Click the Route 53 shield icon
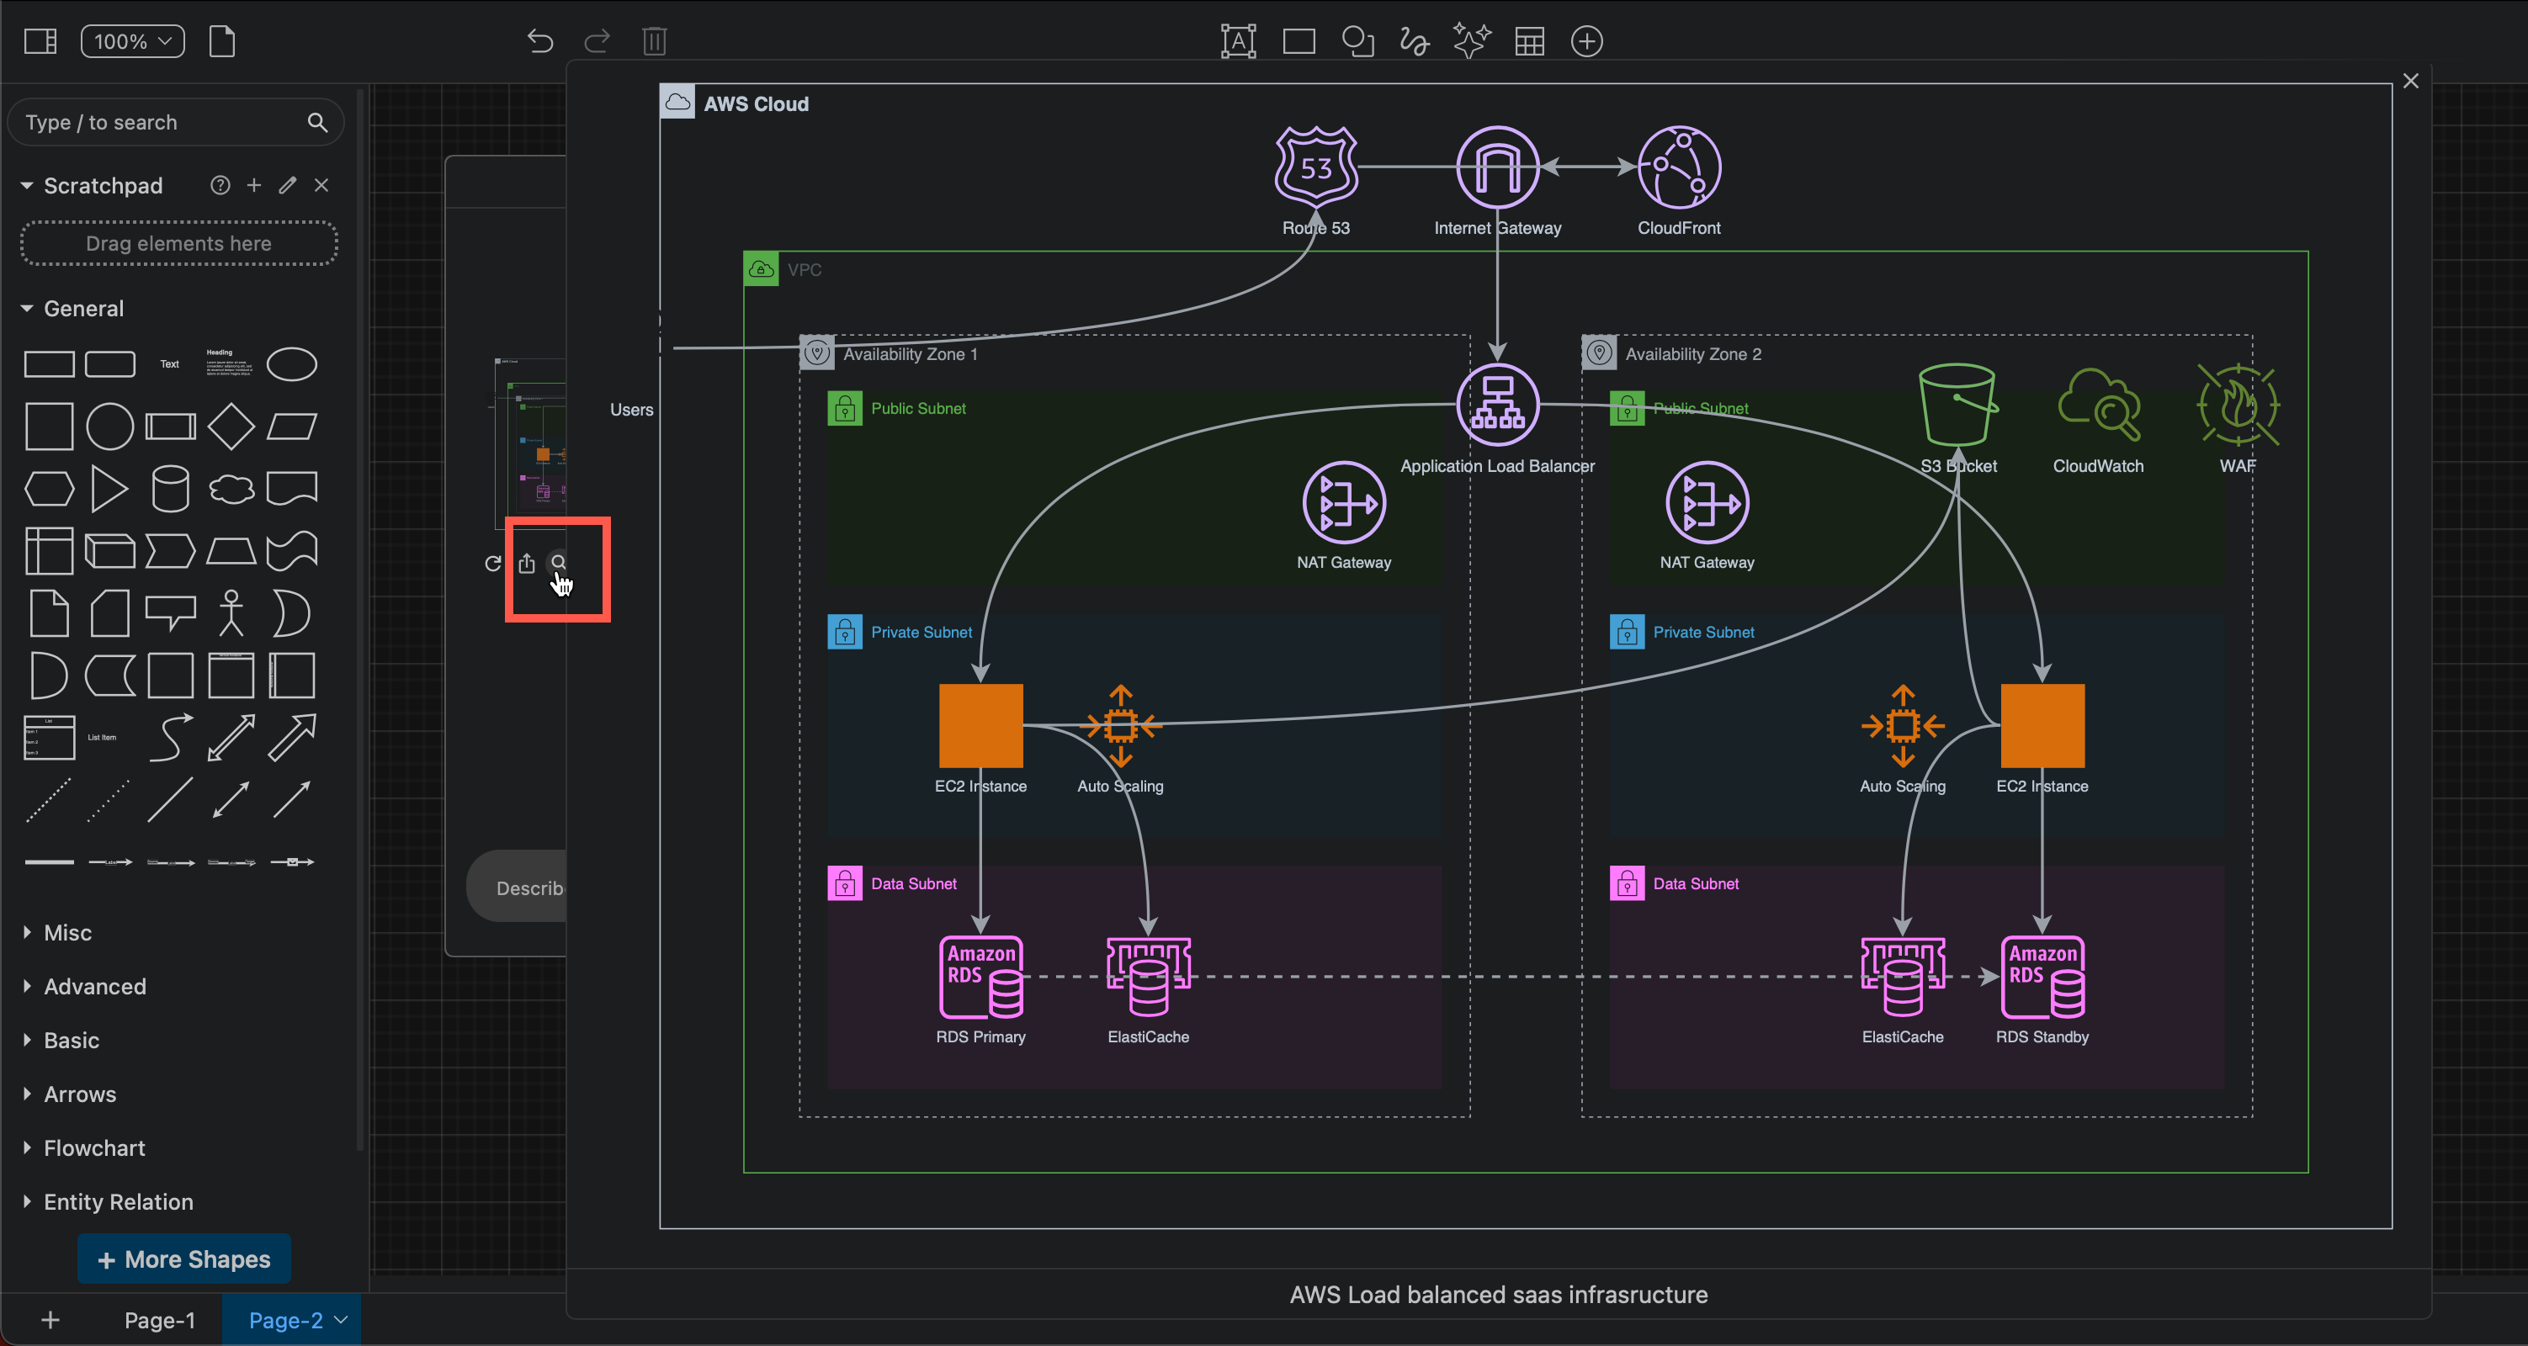(1315, 167)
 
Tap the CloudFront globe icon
(1678, 167)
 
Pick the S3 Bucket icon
(1957, 404)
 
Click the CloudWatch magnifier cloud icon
(2098, 404)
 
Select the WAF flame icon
(2238, 404)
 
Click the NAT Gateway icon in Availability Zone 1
(1343, 502)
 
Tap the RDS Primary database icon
(980, 978)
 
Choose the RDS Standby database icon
(2042, 978)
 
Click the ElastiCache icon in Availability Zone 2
(1902, 978)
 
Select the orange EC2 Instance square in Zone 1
(980, 726)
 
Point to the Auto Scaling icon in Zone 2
(1902, 726)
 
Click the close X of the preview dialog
(2410, 82)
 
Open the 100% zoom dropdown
(132, 41)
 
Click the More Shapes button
(183, 1259)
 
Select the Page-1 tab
(159, 1321)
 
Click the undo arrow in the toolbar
(539, 41)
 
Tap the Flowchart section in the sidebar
(94, 1147)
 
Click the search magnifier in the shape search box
(317, 123)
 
